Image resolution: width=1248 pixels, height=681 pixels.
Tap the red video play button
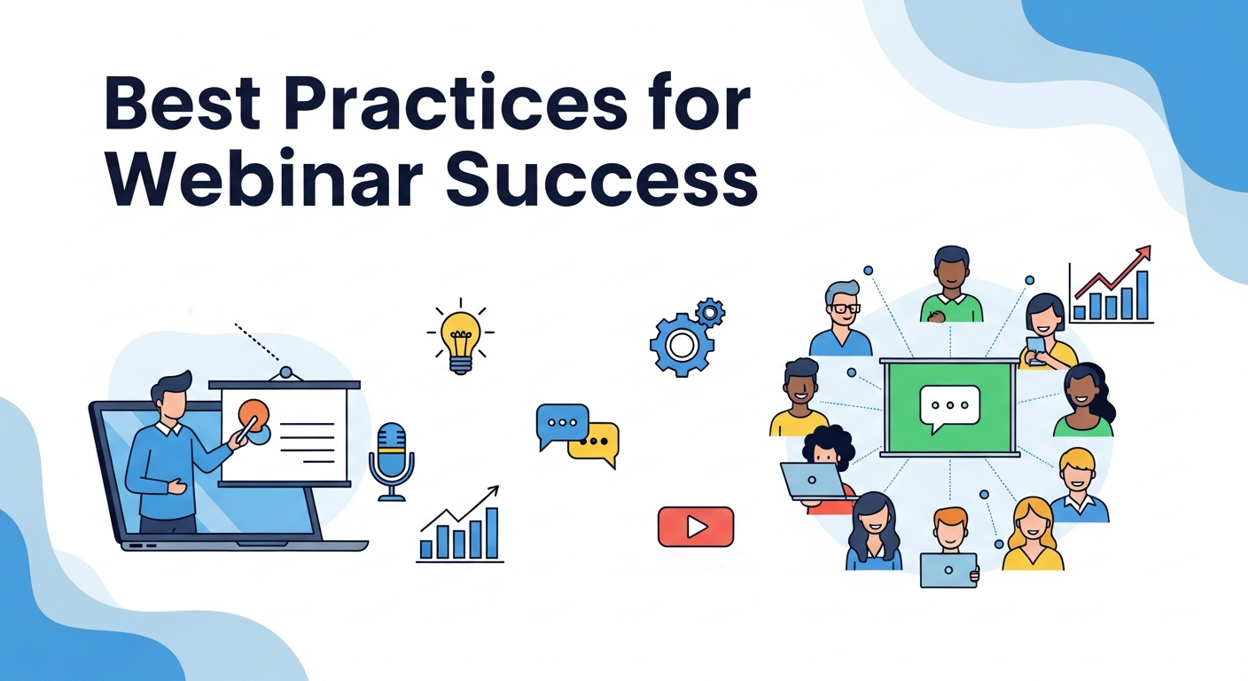point(696,527)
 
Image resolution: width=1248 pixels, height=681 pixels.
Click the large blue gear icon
point(680,344)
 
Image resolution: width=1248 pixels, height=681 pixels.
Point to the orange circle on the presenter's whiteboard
point(253,415)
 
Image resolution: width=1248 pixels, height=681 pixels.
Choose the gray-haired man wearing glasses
point(841,319)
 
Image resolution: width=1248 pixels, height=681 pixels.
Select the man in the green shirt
point(951,286)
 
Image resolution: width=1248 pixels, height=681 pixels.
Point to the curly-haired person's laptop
point(813,481)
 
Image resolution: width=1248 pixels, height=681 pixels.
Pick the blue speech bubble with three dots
point(562,423)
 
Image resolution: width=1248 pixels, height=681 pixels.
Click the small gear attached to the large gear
point(710,311)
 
